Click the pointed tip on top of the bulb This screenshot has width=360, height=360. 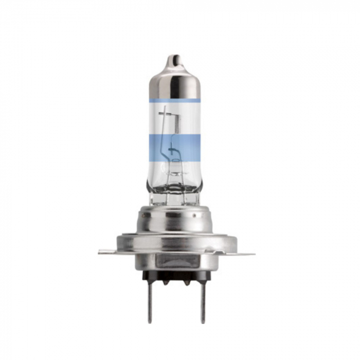(175, 58)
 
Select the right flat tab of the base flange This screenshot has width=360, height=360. (245, 254)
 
